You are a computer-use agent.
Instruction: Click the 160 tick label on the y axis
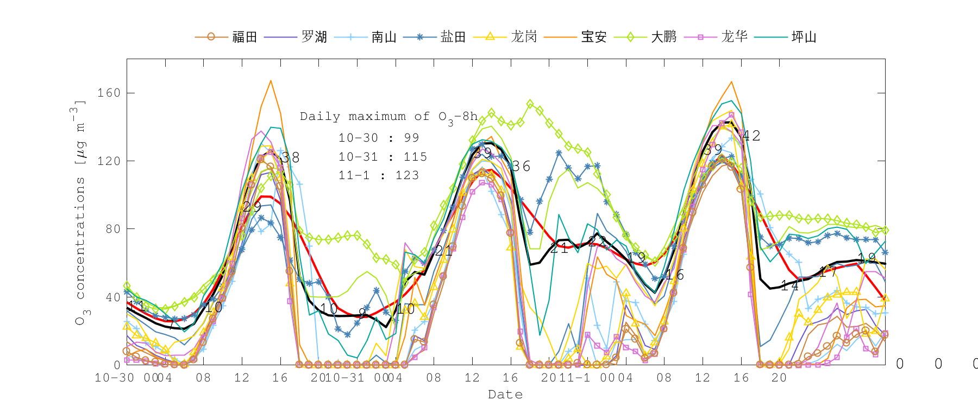point(109,93)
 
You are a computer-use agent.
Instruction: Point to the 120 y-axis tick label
point(109,161)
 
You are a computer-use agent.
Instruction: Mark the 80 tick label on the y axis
point(112,229)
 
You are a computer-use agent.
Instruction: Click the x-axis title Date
point(505,395)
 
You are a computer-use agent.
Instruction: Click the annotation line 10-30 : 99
point(379,138)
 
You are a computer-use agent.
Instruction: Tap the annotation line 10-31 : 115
point(383,157)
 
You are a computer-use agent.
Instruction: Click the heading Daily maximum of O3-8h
point(389,117)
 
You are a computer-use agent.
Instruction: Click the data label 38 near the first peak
point(290,157)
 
